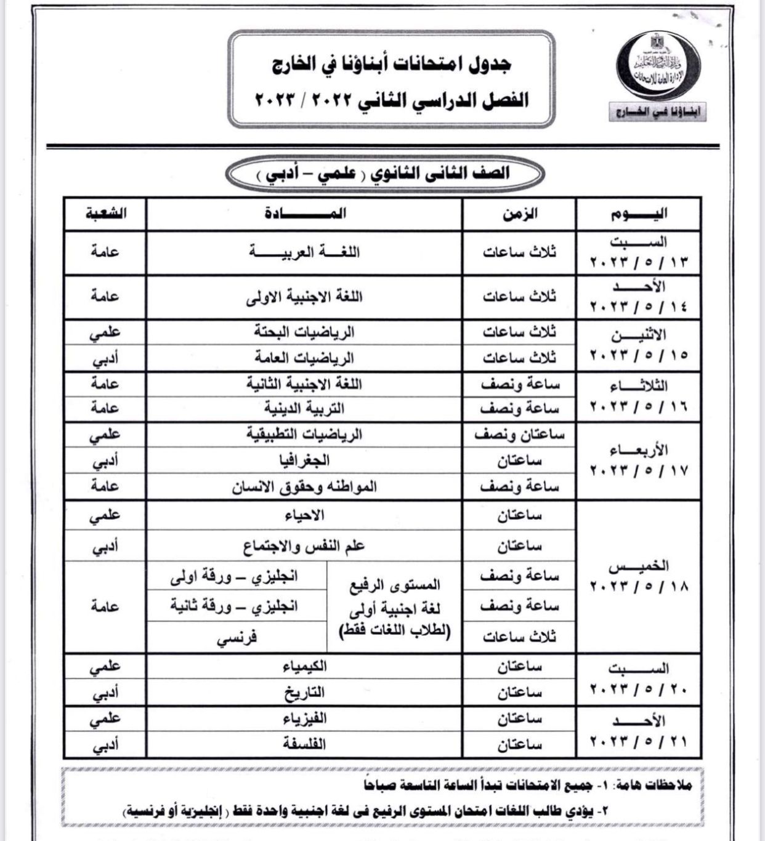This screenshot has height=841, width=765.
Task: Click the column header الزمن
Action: [520, 214]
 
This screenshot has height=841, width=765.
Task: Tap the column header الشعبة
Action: [105, 214]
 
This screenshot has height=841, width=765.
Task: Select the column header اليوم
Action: [639, 214]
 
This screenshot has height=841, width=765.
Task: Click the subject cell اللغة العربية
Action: [304, 252]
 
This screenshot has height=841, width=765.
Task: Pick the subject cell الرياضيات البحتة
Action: [304, 332]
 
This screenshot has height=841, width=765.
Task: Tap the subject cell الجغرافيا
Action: [304, 460]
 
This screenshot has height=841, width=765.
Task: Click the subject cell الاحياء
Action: [304, 515]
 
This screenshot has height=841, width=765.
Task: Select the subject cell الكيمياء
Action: [304, 666]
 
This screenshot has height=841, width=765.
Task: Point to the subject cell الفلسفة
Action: [304, 744]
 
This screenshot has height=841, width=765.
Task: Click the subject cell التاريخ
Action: [304, 693]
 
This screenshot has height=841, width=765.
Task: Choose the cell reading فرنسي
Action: [237, 638]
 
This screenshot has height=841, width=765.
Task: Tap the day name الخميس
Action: [639, 566]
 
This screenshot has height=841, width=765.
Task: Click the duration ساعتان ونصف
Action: [520, 435]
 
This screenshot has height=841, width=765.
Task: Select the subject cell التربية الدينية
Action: [304, 408]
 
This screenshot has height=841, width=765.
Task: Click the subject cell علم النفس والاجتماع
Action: [304, 545]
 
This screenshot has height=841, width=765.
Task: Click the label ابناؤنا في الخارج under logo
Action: [657, 113]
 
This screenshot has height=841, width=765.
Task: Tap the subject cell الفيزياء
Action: [304, 718]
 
